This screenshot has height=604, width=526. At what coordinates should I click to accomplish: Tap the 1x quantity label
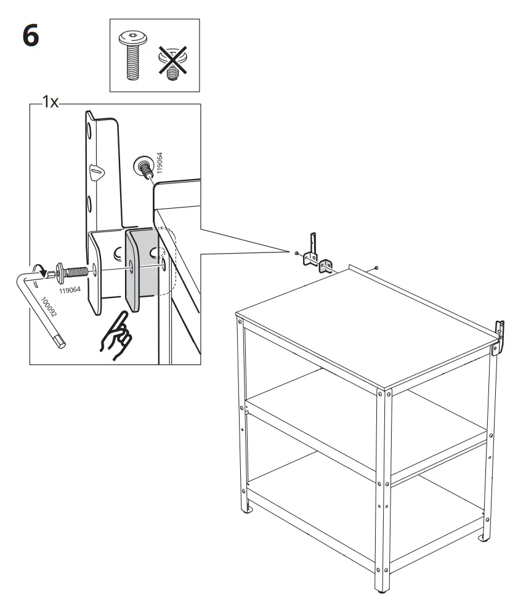49,103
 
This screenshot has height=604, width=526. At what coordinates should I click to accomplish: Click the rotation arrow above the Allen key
41,269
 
